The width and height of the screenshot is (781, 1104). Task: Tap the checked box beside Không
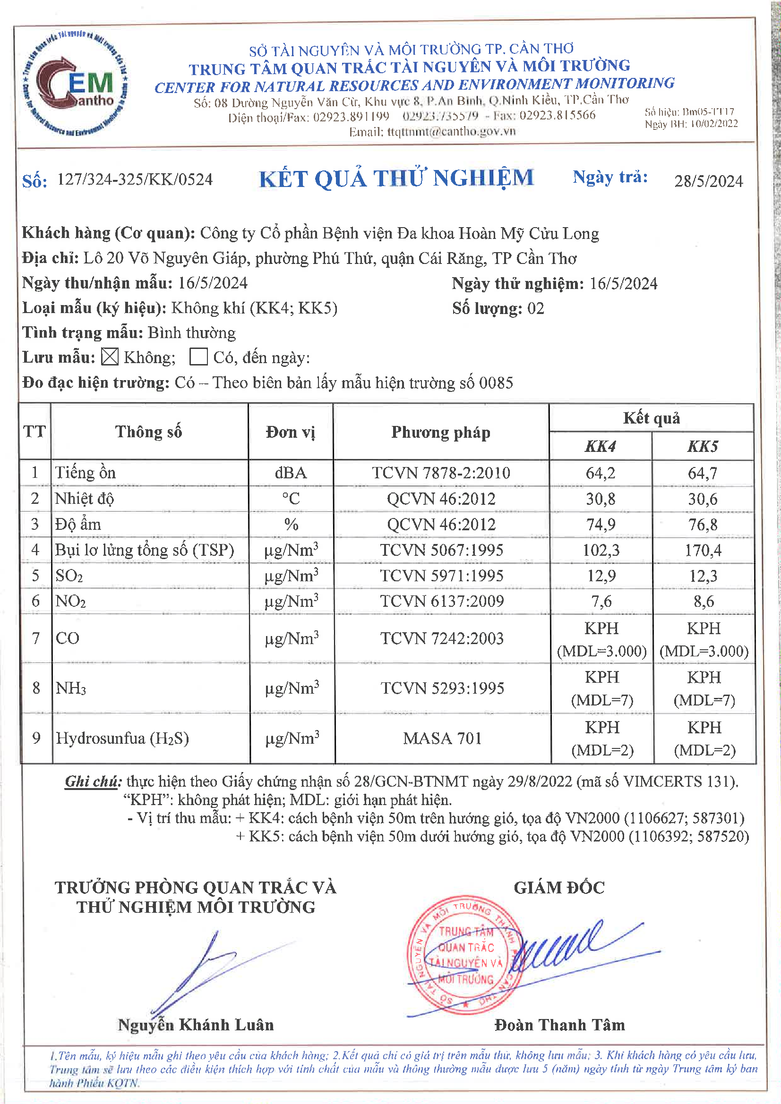[110, 357]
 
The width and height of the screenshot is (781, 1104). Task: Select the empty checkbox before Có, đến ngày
[198, 357]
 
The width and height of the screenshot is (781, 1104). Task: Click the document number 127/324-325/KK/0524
[135, 179]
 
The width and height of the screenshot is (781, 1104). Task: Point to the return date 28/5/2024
[708, 181]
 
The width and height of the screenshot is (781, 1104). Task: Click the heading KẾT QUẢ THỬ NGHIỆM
[396, 178]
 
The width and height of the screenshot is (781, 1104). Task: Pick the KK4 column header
[600, 446]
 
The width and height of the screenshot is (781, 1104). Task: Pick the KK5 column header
[703, 446]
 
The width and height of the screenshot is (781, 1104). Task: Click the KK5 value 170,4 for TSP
[703, 550]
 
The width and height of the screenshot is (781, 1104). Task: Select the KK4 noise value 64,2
[600, 473]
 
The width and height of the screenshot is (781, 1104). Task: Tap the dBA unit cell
[291, 473]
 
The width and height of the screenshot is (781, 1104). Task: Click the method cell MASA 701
[442, 738]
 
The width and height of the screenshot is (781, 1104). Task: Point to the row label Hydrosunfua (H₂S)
[122, 738]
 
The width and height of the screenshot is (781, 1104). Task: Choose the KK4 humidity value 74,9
[601, 524]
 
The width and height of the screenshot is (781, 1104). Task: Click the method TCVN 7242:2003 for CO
[442, 638]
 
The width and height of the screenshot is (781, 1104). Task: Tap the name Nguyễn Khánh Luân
[196, 1025]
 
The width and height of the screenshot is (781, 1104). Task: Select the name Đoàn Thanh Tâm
[559, 1025]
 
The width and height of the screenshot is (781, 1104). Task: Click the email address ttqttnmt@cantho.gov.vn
[451, 131]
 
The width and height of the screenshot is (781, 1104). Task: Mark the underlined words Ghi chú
[94, 781]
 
